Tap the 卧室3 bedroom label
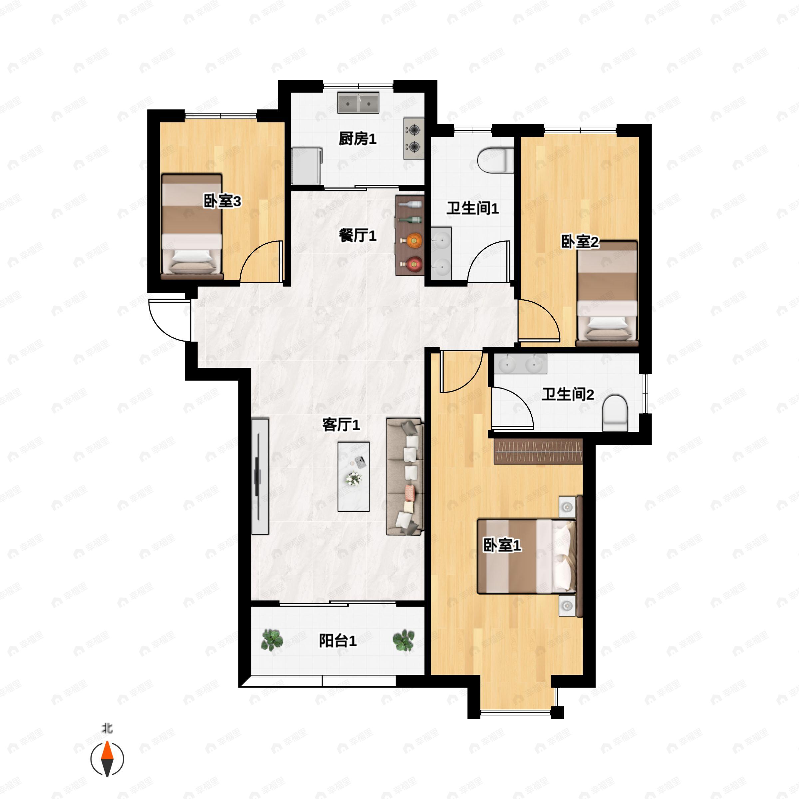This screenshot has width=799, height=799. coord(222,201)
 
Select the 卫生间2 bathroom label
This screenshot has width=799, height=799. coord(568,395)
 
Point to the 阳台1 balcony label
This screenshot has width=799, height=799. coord(338,641)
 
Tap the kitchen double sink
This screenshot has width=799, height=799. coord(358,103)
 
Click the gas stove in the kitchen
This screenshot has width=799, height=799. coord(414,138)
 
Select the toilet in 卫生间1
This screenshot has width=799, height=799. coord(495,160)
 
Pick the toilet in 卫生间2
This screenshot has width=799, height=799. coord(615,413)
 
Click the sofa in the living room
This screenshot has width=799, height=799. coord(405,477)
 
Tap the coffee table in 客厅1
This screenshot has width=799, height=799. coord(354,477)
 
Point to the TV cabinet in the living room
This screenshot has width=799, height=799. coord(260,476)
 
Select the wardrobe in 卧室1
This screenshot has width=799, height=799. coord(538,451)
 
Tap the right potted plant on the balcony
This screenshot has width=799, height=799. coord(403,640)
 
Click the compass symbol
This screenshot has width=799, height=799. coord(107,759)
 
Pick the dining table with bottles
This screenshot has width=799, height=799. coord(410,235)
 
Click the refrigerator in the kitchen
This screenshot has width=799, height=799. coord(306,166)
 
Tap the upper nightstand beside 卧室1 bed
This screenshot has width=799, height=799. coord(567,507)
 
